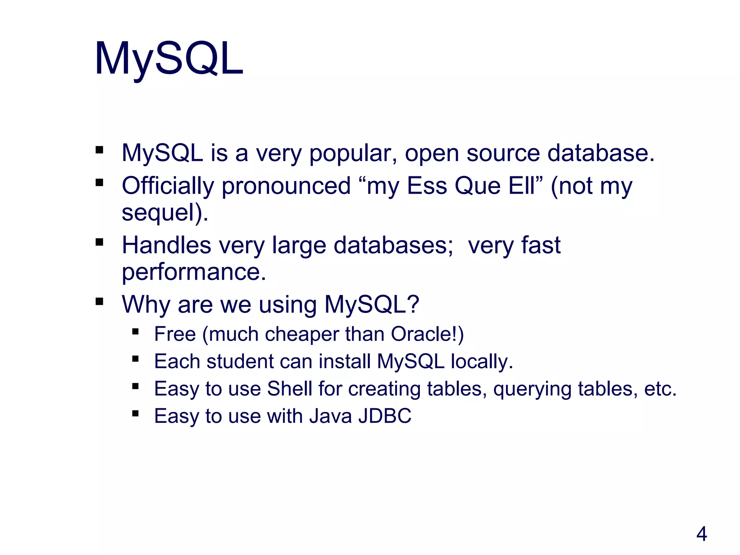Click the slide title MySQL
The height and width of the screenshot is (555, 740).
[169, 59]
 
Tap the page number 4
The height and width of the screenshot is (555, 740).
[701, 534]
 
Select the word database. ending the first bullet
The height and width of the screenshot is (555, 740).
[601, 153]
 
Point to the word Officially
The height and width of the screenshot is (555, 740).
[168, 186]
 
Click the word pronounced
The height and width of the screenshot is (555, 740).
[286, 186]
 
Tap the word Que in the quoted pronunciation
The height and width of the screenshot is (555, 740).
[477, 186]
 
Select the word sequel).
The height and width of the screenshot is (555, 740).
[165, 212]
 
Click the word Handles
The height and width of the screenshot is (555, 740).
[167, 245]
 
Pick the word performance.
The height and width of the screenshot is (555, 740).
[194, 272]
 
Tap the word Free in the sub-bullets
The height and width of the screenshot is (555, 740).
[175, 334]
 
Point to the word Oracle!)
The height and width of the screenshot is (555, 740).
[427, 334]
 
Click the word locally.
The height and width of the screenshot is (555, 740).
[482, 361]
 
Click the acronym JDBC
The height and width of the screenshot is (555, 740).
[385, 416]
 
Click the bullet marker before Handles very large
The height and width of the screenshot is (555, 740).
[99, 242]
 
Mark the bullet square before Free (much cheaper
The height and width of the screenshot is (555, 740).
[135, 331]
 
